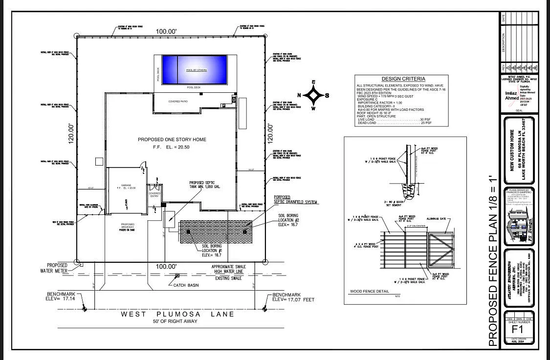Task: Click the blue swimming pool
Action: [x=195, y=69]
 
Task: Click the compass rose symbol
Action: [x=313, y=95]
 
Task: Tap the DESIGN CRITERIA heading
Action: [x=403, y=79]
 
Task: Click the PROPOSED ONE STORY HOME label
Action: [x=172, y=140]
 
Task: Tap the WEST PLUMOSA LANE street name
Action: [x=177, y=314]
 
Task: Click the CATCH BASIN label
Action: [x=187, y=285]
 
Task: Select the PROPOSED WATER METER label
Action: [x=60, y=268]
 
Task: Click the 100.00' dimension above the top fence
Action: [x=166, y=32]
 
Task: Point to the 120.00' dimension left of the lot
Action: [x=71, y=133]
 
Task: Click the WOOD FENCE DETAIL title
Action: [x=370, y=292]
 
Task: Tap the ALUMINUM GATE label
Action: [x=438, y=219]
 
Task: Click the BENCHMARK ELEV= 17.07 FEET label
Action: [x=293, y=297]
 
